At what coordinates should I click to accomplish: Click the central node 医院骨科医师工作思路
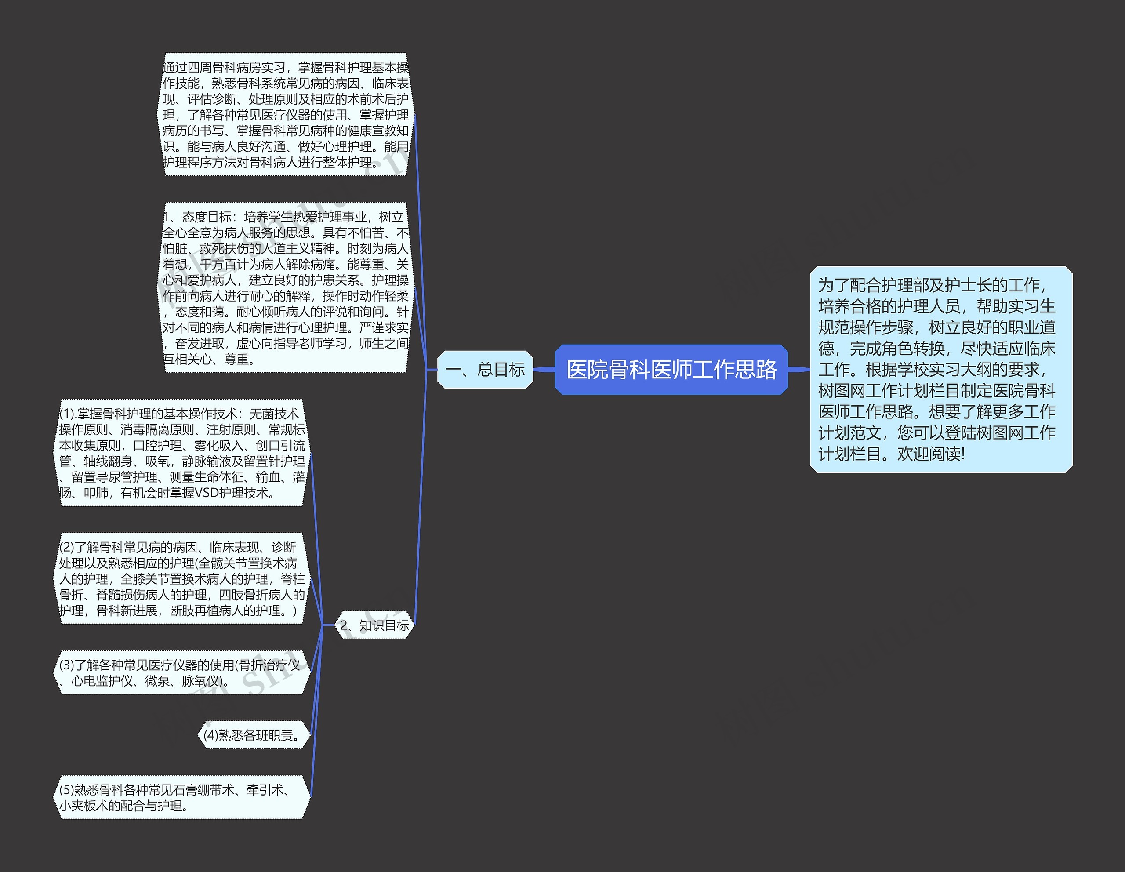[671, 370]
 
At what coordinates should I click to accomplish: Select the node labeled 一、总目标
[485, 370]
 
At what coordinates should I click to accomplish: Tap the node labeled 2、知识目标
[374, 625]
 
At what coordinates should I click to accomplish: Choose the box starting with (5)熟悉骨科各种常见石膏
[182, 797]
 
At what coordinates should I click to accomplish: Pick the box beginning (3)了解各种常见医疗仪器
[182, 672]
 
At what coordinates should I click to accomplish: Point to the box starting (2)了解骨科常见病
[182, 579]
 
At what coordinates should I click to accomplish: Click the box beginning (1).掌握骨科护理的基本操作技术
[182, 453]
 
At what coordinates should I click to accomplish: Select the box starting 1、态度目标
[286, 288]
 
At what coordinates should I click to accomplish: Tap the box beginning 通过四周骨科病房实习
[286, 115]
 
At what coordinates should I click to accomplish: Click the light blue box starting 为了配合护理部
[940, 369]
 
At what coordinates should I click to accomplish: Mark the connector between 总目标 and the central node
[544, 369]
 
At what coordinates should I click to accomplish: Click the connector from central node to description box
[798, 369]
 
